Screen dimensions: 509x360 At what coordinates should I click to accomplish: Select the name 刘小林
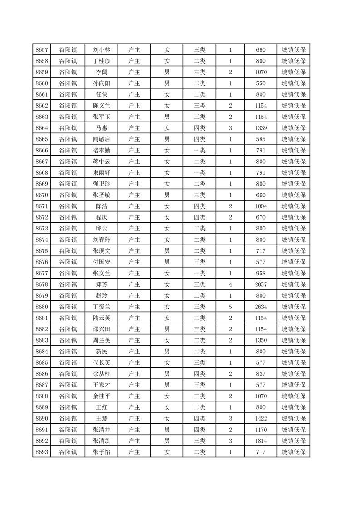(101, 50)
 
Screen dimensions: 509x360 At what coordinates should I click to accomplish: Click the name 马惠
(101, 128)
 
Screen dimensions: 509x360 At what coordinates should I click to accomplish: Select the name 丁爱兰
(101, 307)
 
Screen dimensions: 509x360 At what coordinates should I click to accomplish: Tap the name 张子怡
(101, 452)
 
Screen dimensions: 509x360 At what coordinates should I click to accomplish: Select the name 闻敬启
(101, 139)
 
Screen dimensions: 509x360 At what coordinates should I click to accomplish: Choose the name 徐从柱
(101, 374)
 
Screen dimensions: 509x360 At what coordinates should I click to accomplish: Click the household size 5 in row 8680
(230, 307)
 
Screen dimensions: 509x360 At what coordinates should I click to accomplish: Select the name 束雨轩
(101, 173)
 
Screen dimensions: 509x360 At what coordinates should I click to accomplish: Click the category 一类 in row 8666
(199, 151)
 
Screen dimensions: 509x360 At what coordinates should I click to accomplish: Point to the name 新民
(101, 351)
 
